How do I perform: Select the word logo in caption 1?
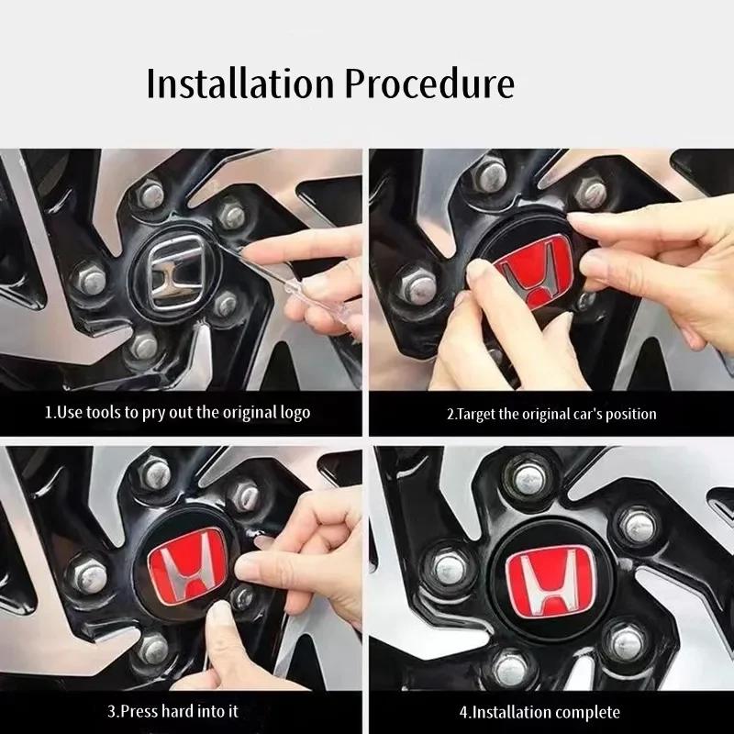pyautogui.click(x=295, y=412)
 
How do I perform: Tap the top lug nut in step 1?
pyautogui.click(x=150, y=194)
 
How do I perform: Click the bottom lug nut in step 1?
pyautogui.click(x=144, y=347)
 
